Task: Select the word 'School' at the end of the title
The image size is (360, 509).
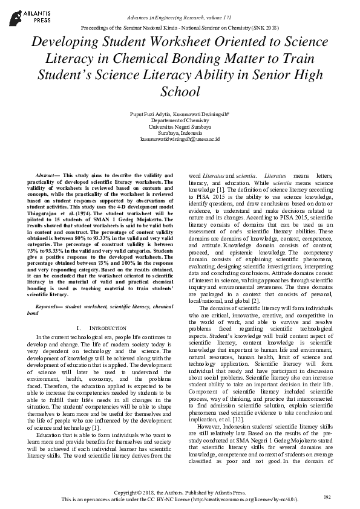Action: point(180,92)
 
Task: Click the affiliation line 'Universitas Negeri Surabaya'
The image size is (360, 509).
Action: point(180,126)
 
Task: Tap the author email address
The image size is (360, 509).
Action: point(180,138)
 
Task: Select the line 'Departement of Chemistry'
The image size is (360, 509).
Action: point(180,120)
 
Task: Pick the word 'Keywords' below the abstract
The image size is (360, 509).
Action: point(48,290)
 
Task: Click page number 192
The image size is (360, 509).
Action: point(327,497)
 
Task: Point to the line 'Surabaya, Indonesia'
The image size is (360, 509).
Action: point(180,132)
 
